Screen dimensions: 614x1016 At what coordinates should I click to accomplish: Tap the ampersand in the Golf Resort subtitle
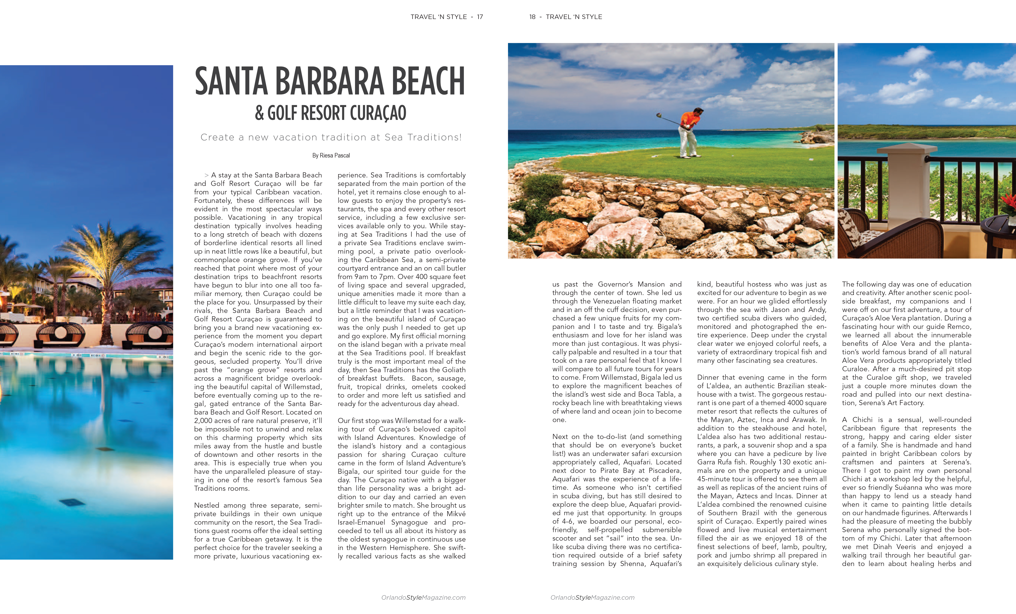pos(259,113)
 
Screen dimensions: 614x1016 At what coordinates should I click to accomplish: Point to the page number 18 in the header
pos(532,17)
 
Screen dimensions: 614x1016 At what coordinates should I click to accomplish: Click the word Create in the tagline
pos(217,137)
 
